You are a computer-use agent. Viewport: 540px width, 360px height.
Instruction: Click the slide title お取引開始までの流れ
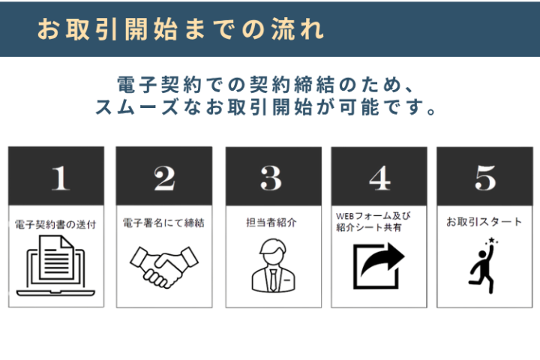[180, 29]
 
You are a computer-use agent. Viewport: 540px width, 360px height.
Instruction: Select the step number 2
[164, 178]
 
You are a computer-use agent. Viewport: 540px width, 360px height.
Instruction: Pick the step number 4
[379, 178]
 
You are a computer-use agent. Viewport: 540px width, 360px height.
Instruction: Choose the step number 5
[485, 178]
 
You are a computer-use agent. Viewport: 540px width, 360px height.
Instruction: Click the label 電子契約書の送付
[55, 224]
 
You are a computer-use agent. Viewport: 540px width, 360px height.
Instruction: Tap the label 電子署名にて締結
[163, 223]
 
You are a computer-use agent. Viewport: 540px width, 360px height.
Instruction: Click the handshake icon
[163, 266]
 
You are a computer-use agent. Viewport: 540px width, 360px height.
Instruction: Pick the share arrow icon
[379, 266]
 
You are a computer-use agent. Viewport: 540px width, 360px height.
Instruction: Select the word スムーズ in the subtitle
[136, 106]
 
